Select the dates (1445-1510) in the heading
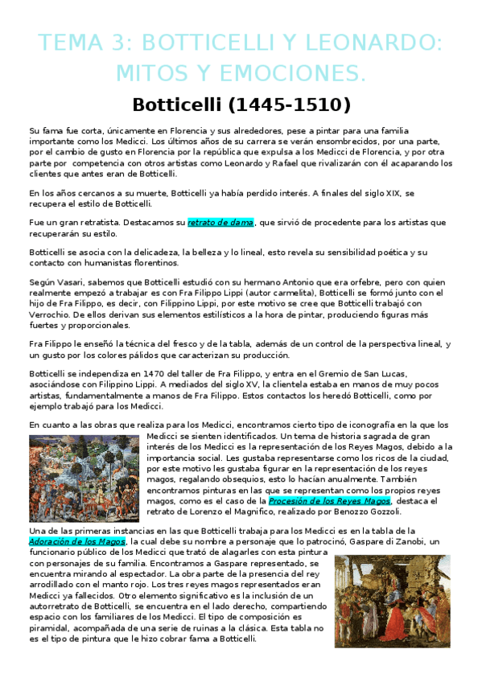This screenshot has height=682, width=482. coord(274,106)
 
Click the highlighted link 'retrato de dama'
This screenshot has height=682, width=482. coord(220,222)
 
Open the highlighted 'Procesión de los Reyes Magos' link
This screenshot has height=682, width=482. coord(328,500)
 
